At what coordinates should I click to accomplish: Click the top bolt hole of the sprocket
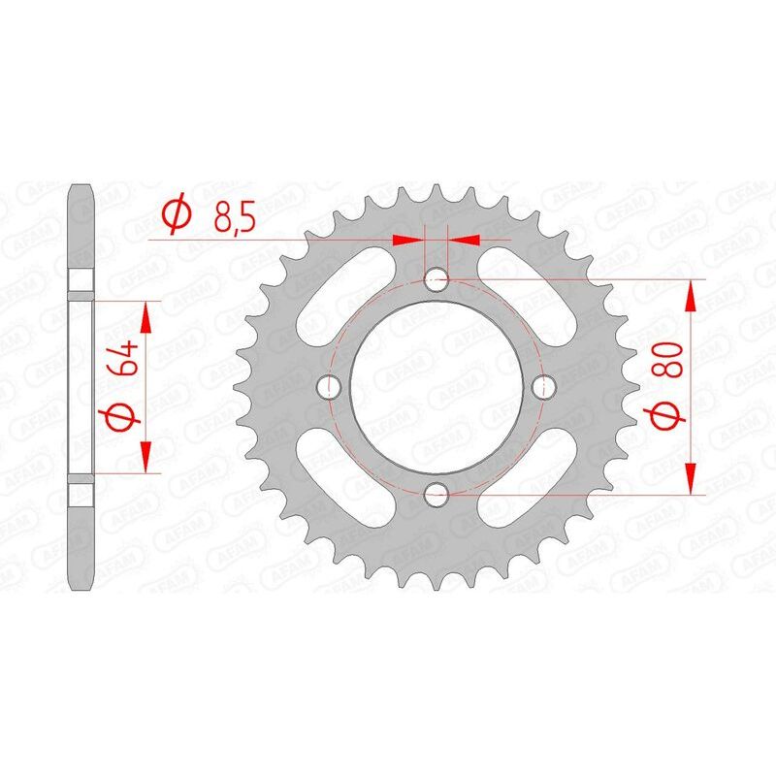pos(436,280)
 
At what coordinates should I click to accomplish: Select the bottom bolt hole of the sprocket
pos(436,495)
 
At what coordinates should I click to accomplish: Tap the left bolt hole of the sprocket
pos(329,387)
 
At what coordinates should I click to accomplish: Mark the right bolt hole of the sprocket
pos(543,387)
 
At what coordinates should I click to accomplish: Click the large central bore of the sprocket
pos(436,387)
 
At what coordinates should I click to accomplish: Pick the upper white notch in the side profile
pos(81,280)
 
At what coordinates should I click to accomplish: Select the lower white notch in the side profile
pos(81,493)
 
